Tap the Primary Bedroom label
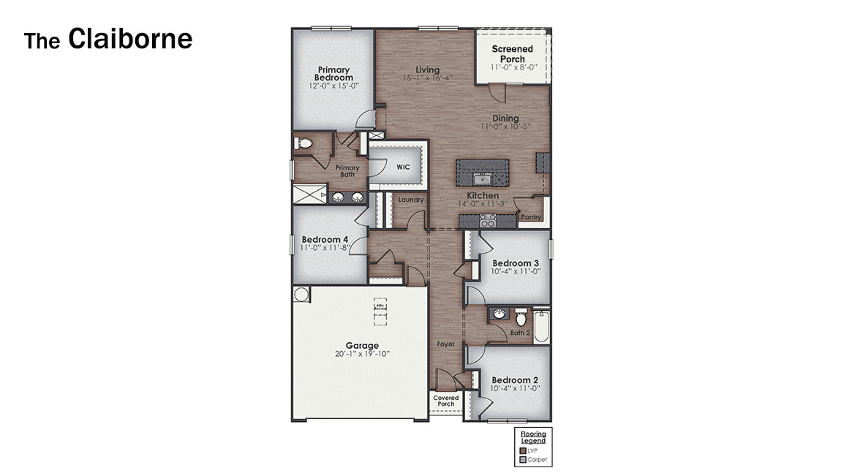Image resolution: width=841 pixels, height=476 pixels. [333, 74]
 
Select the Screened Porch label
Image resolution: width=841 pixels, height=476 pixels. [513, 54]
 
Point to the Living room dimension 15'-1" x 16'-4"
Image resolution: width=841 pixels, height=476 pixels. [428, 78]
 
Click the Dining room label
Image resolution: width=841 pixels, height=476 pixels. [505, 118]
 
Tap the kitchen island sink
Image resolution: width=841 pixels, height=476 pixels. [481, 178]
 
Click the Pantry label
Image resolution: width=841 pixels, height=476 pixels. [530, 217]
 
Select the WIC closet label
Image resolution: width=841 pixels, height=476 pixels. [403, 167]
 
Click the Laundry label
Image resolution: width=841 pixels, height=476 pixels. [411, 200]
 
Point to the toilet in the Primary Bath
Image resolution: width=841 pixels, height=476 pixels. [305, 144]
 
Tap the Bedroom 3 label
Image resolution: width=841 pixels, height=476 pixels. [515, 263]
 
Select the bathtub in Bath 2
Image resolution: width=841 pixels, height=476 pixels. [541, 328]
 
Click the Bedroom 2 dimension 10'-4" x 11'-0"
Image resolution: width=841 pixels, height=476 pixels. [515, 389]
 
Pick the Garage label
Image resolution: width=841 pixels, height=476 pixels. [362, 346]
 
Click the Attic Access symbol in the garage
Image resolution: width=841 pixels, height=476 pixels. [380, 308]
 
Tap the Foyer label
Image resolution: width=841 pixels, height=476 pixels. [446, 344]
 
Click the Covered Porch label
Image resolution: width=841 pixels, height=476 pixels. [445, 400]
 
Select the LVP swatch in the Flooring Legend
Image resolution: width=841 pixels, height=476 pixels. [522, 450]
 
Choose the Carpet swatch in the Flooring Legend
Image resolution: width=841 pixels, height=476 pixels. [522, 460]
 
